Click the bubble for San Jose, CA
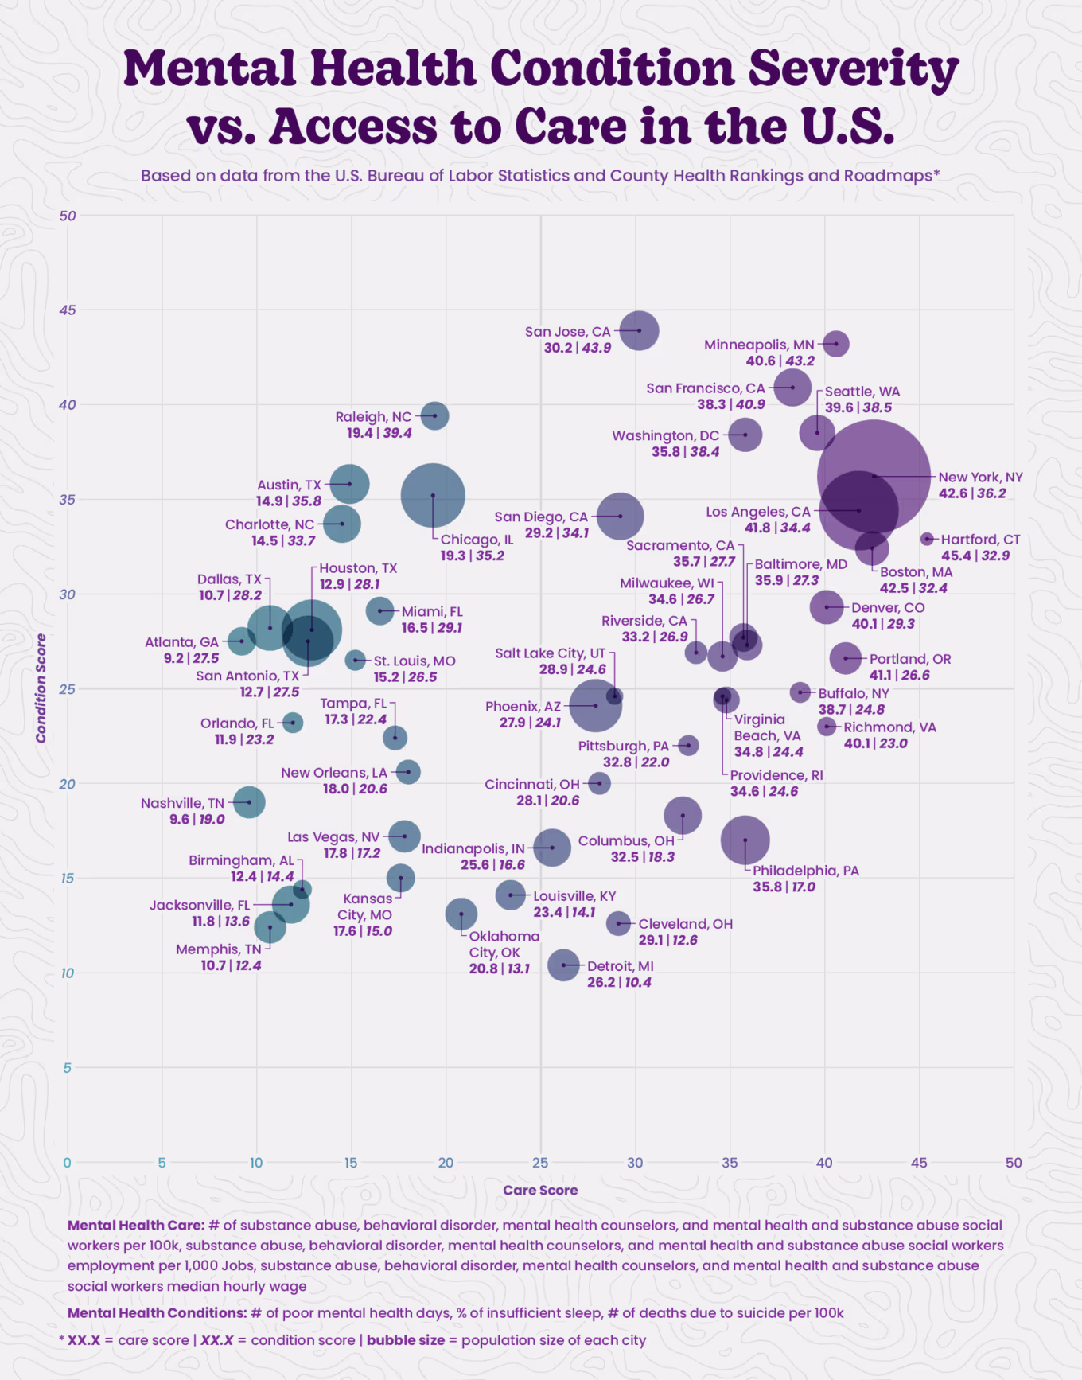pos(639,330)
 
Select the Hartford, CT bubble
pos(927,539)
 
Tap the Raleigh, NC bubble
pos(434,415)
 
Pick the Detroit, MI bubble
pos(563,965)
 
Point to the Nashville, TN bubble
pos(249,802)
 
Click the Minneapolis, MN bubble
pos(835,344)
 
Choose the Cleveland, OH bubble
pos(618,923)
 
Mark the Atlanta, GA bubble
pos(241,641)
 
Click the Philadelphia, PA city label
pos(806,871)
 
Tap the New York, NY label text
pos(980,478)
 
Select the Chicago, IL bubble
pos(433,495)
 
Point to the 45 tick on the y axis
pos(68,310)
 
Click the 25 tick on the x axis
pos(540,1163)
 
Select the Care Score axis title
pos(540,1190)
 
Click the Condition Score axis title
pos(41,688)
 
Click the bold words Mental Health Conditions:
pos(157,1312)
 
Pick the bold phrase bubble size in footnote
pos(405,1340)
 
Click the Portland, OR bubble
pos(845,658)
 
